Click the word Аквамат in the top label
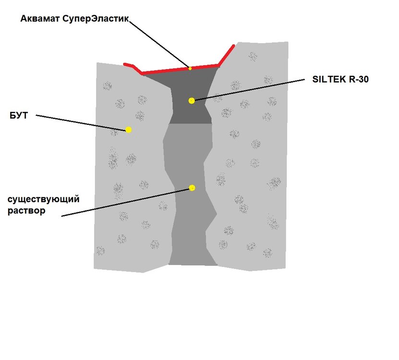coord(40,19)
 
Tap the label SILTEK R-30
coord(340,79)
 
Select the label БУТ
coord(19,116)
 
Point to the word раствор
coord(26,211)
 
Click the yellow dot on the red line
coord(190,69)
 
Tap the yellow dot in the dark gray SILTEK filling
coord(192,101)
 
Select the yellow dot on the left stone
coord(129,130)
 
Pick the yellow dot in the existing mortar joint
coord(192,188)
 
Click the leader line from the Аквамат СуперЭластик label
coord(159,45)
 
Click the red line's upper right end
coord(233,46)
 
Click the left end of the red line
coord(125,64)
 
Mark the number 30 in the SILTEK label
coord(363,79)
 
